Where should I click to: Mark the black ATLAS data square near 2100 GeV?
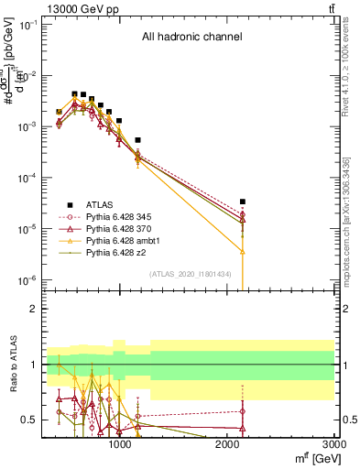(242, 202)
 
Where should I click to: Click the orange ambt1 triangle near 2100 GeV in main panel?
(242, 250)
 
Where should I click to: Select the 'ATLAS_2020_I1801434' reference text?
(190, 274)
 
